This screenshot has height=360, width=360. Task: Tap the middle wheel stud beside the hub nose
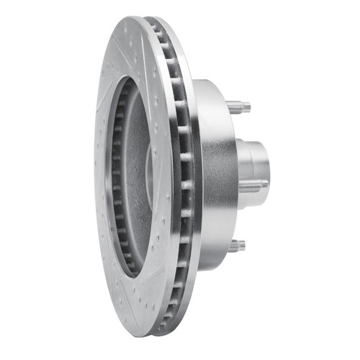click(x=252, y=186)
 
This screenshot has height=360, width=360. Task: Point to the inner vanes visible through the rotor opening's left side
click(x=115, y=180)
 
